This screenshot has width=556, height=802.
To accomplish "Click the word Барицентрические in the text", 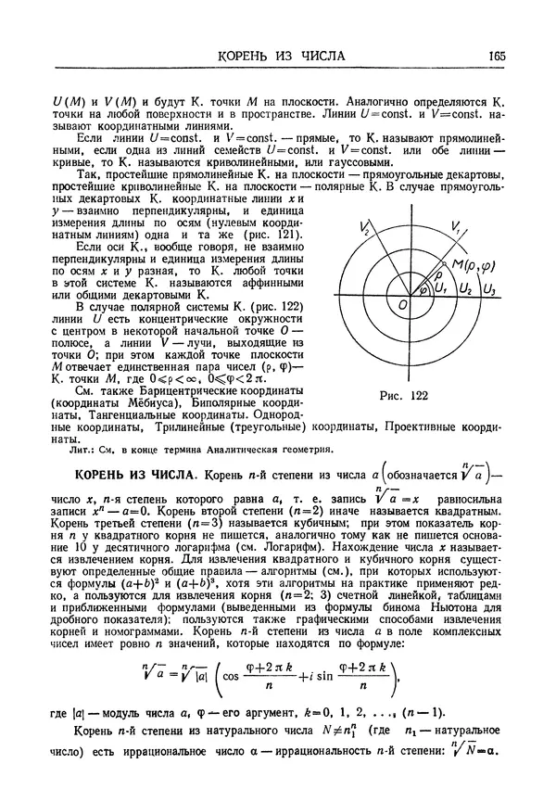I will (x=158, y=391).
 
